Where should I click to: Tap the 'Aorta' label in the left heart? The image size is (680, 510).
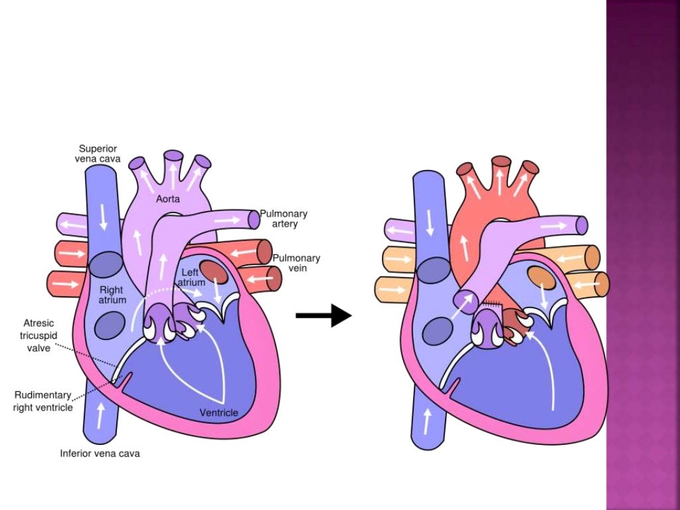(x=168, y=199)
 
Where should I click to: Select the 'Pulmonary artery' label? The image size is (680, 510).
(x=284, y=218)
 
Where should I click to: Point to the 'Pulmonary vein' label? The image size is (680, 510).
(x=296, y=262)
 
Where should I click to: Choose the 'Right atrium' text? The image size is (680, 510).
(x=112, y=295)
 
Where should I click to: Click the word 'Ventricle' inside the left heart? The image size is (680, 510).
(x=218, y=413)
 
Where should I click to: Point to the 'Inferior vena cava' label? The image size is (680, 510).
(x=100, y=454)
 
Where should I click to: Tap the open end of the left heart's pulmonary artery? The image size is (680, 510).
(x=254, y=219)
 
